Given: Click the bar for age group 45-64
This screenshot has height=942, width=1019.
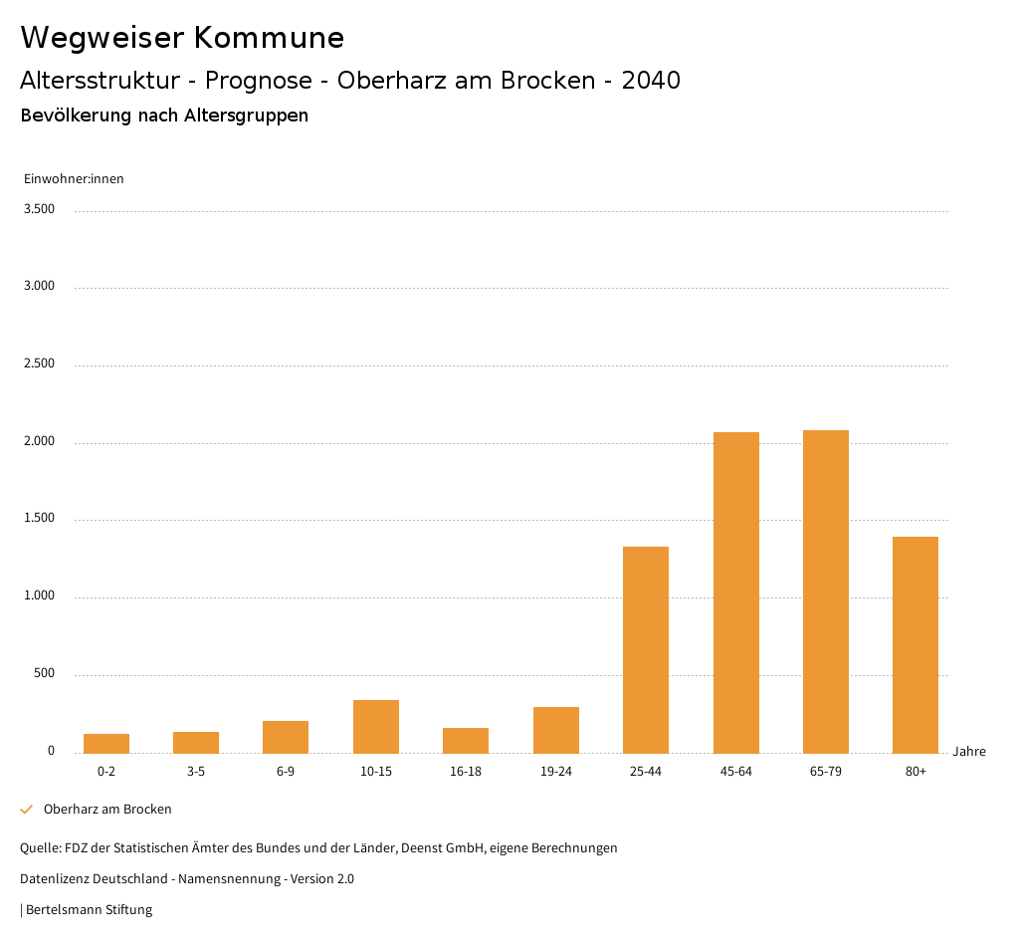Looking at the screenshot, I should (735, 592).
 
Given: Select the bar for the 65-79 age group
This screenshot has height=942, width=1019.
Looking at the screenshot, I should (826, 591).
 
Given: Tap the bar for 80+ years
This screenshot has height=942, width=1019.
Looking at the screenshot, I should (916, 644).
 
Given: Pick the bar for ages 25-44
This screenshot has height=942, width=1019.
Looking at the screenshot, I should (646, 649).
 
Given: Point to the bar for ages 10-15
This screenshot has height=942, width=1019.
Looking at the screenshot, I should (376, 726).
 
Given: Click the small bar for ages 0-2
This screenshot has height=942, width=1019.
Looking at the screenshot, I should (106, 743).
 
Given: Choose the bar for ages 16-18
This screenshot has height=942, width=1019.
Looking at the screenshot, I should (466, 740).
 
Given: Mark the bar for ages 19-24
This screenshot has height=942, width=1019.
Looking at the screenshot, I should (556, 730).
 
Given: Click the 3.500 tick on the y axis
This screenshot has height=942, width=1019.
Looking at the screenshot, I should (39, 209).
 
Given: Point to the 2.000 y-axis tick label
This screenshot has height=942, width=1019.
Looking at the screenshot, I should (39, 441).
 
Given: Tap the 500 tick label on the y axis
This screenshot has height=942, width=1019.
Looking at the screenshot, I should (44, 673).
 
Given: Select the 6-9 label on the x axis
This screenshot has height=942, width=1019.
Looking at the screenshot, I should (286, 772).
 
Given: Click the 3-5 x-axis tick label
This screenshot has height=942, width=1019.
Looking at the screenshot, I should (196, 772).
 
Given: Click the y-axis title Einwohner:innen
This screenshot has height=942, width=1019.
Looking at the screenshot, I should (74, 179).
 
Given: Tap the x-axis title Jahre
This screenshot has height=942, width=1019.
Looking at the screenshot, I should (969, 752).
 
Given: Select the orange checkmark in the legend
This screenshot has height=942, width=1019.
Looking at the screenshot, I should (27, 810).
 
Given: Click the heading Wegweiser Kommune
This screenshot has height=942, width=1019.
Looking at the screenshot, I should (182, 38).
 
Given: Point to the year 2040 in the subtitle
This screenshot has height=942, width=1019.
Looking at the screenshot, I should (651, 81).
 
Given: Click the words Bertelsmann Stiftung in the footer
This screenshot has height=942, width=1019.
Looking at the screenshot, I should (89, 910).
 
